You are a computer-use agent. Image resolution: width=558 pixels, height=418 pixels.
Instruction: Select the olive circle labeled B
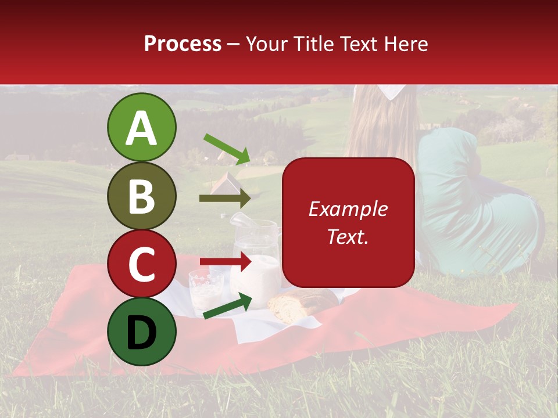click(142, 196)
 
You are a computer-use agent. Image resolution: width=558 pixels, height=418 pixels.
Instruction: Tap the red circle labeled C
click(142, 264)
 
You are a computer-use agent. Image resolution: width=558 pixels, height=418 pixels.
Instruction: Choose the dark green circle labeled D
click(142, 331)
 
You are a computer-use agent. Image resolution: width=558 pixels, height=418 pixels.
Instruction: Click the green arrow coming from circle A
click(227, 149)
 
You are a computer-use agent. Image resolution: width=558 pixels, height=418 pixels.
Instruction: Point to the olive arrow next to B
click(225, 199)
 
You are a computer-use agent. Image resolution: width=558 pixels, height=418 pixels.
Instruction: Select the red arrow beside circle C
click(226, 262)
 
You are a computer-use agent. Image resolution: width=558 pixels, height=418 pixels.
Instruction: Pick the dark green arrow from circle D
click(227, 306)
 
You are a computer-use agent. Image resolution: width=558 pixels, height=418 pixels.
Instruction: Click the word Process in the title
click(183, 44)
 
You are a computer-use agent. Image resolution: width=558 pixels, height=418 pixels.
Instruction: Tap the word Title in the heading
click(310, 44)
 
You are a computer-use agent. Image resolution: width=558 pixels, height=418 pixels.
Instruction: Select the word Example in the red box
click(348, 209)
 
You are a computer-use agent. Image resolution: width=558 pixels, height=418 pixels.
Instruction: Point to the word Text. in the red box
click(348, 236)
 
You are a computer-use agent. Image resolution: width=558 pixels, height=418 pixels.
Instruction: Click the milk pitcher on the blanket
click(257, 261)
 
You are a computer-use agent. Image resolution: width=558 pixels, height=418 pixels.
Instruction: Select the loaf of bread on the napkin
click(302, 305)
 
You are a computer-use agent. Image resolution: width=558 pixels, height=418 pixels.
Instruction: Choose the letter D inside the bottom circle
click(142, 333)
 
